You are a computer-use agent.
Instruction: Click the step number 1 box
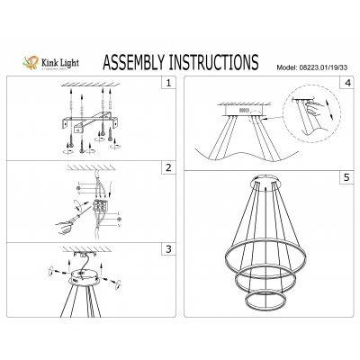pyautogui.click(x=166, y=85)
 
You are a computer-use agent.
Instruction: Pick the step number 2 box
pyautogui.click(x=166, y=167)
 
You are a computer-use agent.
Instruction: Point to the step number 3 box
pyautogui.click(x=166, y=249)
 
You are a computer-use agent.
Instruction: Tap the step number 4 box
pyautogui.click(x=346, y=85)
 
